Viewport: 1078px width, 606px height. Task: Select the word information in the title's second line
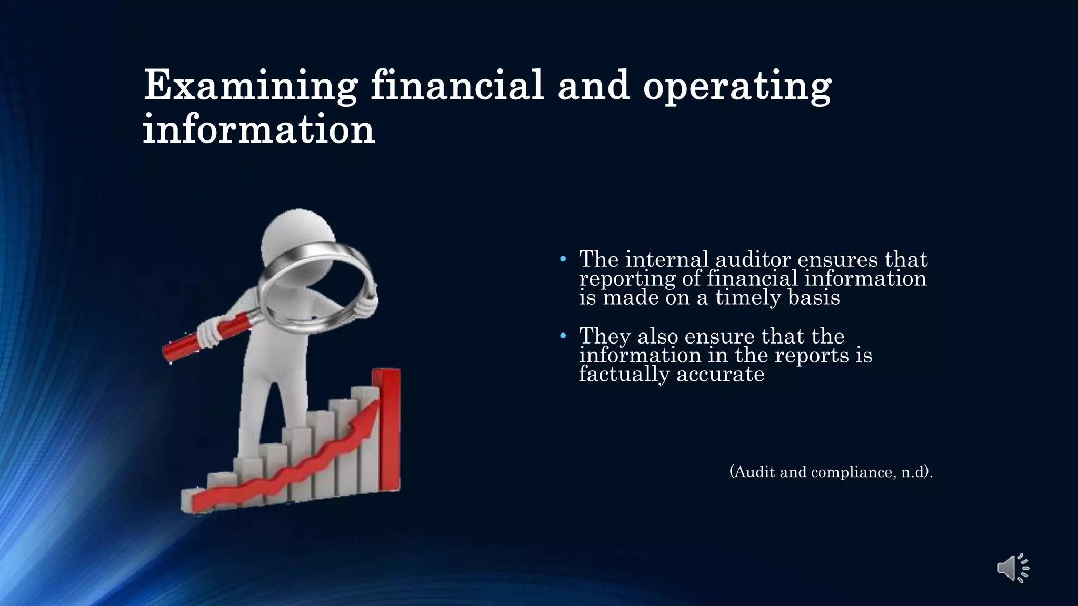258,129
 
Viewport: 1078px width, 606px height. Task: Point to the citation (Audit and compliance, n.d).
831,472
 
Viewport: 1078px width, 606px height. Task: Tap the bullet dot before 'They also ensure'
563,336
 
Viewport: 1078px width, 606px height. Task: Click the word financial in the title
457,85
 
